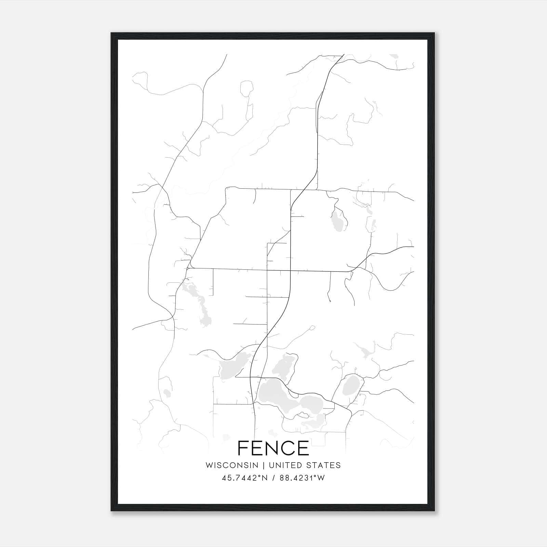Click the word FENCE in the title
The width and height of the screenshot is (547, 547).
[273, 448]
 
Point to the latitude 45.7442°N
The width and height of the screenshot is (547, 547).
[244, 478]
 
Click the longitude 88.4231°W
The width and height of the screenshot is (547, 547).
[302, 478]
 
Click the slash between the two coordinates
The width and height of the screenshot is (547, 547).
[273, 478]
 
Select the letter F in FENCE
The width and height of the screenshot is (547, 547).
[243, 448]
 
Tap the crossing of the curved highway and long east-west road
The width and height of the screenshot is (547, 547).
[291, 270]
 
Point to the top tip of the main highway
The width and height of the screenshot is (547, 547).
[343, 55]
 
